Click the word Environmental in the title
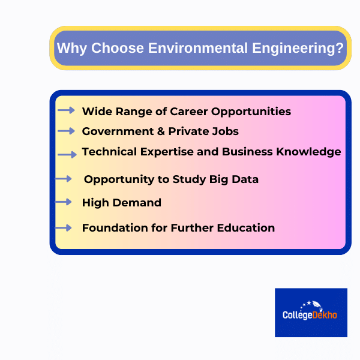[187, 48]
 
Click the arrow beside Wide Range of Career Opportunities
[66, 110]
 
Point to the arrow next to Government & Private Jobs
[67, 131]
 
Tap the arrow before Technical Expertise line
[67, 154]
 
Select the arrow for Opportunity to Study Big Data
[64, 179]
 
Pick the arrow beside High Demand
[64, 202]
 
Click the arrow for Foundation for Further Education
[64, 227]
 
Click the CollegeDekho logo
[311, 312]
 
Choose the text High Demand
[121, 203]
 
